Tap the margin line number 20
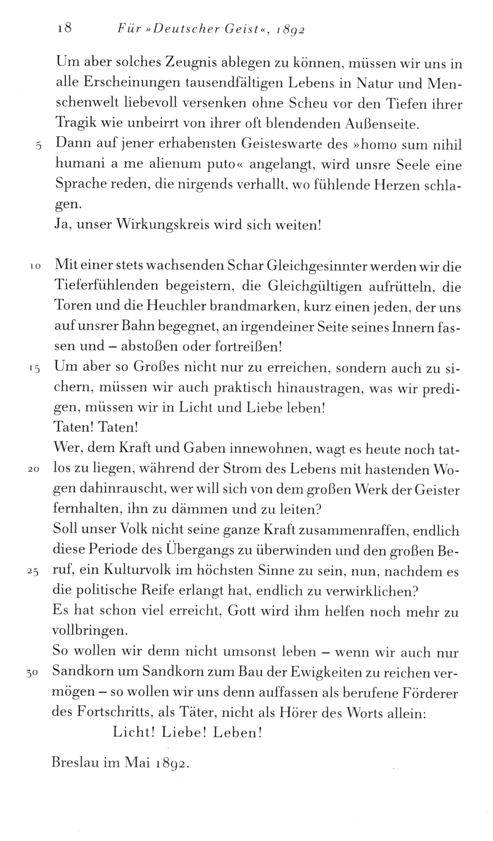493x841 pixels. (34, 470)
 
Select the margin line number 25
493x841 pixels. (34, 572)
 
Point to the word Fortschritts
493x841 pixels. (111, 713)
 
